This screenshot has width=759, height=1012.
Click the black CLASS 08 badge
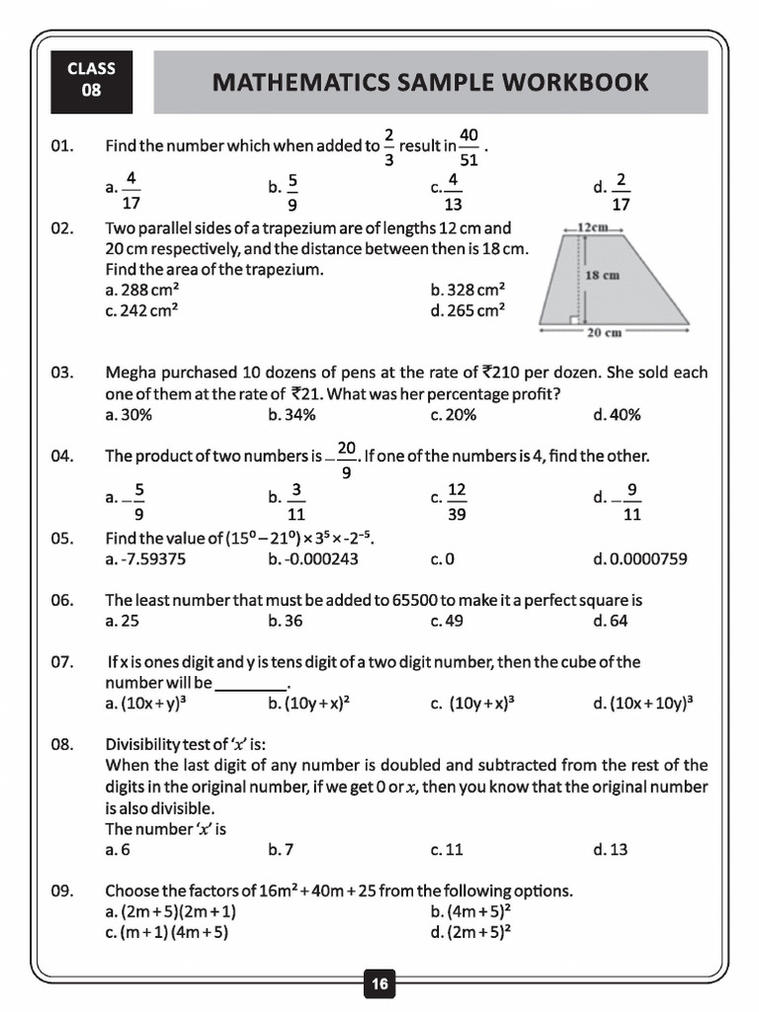point(91,81)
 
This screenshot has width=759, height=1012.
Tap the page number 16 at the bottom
point(379,983)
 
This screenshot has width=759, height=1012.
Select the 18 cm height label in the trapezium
point(602,275)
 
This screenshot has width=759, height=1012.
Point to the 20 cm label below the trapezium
point(604,333)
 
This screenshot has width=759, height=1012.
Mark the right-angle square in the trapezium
point(573,318)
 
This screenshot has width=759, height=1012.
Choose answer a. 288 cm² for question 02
point(141,290)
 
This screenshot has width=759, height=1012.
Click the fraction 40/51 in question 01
point(469,146)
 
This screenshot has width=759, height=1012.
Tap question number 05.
point(62,539)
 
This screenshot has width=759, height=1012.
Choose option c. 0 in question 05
point(442,559)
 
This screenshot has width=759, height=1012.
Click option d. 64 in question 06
point(611,622)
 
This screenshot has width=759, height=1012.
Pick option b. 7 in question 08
point(281,849)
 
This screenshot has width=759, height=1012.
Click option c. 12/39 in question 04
point(450,499)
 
